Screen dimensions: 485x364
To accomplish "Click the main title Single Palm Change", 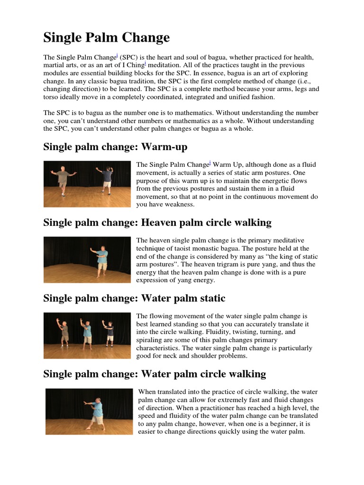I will (106, 37).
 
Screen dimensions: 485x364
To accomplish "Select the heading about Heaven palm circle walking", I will (157, 222).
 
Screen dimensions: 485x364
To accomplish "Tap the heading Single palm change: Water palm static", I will (134, 298).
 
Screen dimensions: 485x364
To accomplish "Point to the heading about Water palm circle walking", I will (155, 374).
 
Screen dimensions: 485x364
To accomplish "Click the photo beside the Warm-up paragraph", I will (87, 184).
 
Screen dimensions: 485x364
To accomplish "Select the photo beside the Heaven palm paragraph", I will (87, 260).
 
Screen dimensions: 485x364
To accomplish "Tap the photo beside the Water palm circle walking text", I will (90, 411).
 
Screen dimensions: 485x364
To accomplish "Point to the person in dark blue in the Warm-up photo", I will (108, 180).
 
